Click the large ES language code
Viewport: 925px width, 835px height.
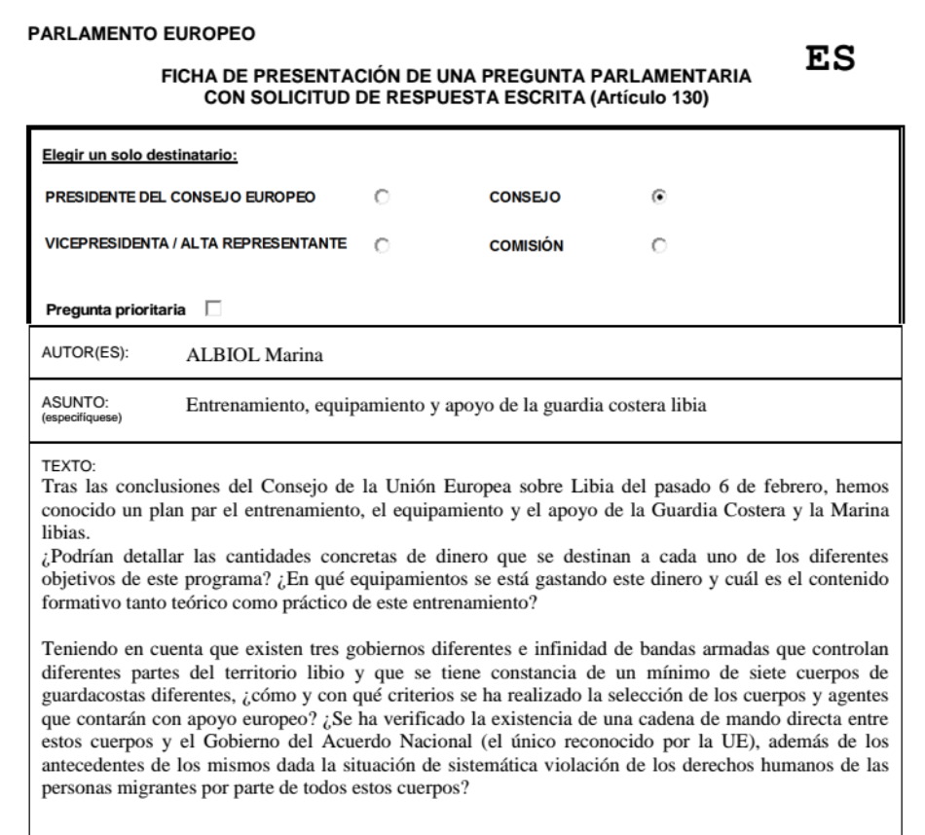[x=827, y=59]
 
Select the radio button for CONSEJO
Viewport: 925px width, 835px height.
[x=659, y=197]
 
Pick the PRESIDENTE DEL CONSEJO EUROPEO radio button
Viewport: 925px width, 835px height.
[x=381, y=197]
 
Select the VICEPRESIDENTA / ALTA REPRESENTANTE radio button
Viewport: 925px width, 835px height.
[x=381, y=244]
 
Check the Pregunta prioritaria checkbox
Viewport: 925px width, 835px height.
[x=212, y=309]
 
